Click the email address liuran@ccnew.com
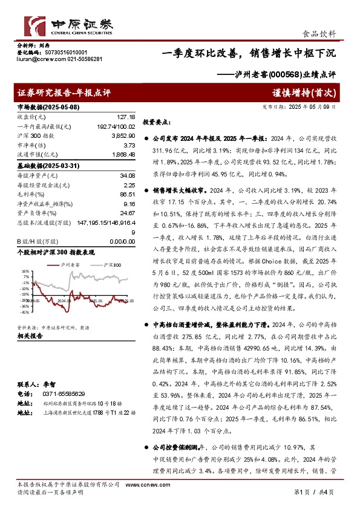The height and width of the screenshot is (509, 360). (38, 59)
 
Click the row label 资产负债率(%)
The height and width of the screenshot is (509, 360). (38, 213)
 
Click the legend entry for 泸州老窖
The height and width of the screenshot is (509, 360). (71, 265)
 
